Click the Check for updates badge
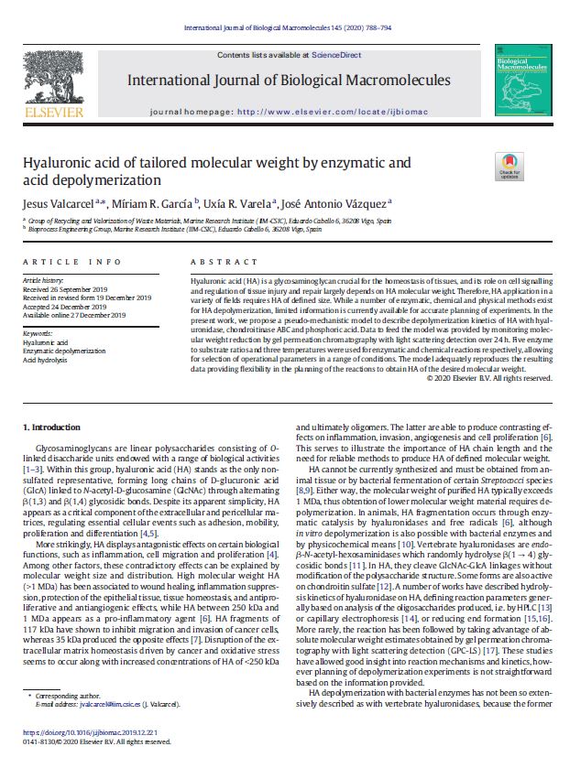pos(509,166)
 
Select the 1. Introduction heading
pos(53,427)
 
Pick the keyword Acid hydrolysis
pos(47,361)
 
